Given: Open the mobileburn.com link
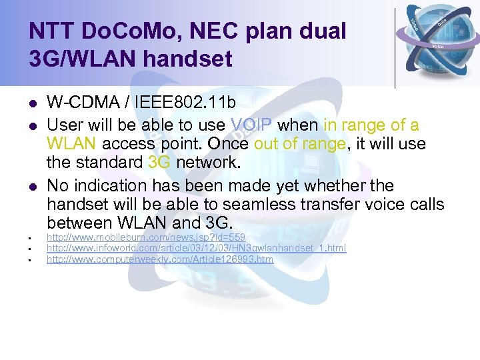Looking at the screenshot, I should (x=145, y=237).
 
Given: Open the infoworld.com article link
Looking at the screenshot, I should (x=196, y=248).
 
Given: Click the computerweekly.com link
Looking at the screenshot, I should (x=159, y=259).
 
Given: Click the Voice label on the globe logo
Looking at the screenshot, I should (x=438, y=46).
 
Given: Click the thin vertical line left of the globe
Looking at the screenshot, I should (x=395, y=47).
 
